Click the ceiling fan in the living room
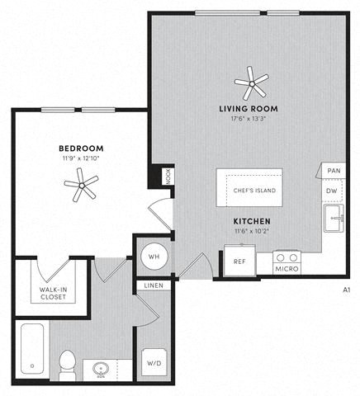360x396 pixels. coord(251,82)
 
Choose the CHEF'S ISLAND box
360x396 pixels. coord(254,190)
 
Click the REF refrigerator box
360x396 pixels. coord(239,261)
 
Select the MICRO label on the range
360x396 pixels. coord(287,269)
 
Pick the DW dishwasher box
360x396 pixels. coord(332,191)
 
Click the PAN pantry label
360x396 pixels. coord(333,171)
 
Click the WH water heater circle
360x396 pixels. coord(153,257)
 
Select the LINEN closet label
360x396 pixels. coord(154,285)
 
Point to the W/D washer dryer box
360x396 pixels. coord(154,363)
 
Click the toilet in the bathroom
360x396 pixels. coord(68,364)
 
